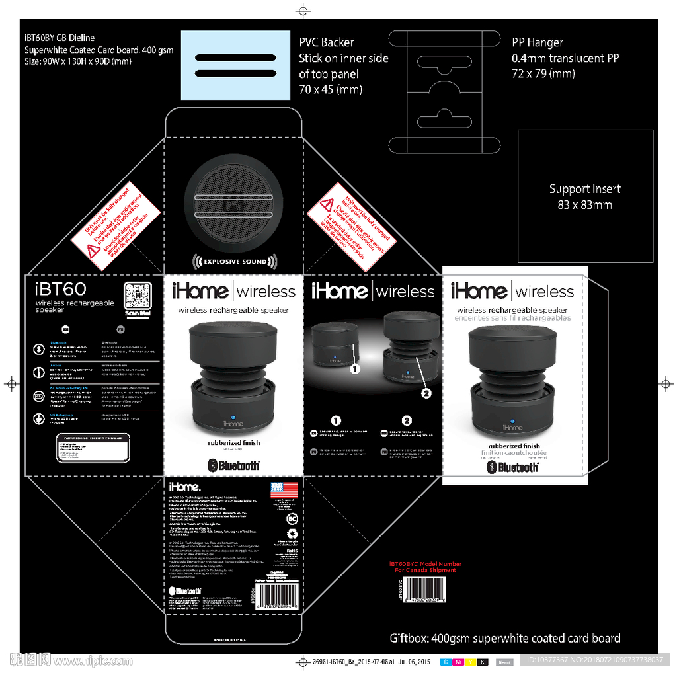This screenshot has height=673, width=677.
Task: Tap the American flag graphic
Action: click(284, 491)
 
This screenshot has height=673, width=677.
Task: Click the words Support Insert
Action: click(584, 189)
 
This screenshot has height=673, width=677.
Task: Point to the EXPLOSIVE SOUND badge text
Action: click(235, 262)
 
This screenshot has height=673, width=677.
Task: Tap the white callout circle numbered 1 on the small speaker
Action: click(354, 369)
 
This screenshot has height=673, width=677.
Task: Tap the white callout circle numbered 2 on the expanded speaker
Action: click(426, 393)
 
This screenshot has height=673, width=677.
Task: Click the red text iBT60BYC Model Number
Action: click(425, 564)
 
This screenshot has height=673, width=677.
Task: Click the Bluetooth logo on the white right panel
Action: click(513, 467)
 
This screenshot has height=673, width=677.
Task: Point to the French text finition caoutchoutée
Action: click(514, 454)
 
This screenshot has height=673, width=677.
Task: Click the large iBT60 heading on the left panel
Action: click(60, 289)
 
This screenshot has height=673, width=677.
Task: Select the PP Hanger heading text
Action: click(538, 42)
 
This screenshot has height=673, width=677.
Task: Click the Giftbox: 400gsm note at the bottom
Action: click(504, 638)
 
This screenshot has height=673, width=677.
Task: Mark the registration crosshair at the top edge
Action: click(303, 10)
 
